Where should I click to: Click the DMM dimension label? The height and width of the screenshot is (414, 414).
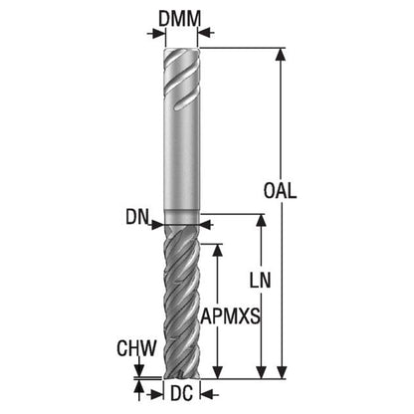(x=179, y=19)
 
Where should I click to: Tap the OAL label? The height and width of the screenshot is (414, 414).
(x=280, y=191)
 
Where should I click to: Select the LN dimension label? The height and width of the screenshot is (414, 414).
(x=260, y=281)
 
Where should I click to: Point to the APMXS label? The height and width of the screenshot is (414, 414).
(x=230, y=316)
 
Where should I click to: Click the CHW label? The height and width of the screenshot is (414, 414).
(x=136, y=348)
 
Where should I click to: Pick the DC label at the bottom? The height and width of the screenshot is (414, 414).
(x=181, y=394)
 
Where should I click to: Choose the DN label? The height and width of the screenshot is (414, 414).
(x=136, y=217)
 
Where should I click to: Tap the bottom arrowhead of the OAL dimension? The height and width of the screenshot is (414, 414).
(x=282, y=372)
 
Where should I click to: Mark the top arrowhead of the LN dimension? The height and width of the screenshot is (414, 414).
(x=262, y=221)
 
